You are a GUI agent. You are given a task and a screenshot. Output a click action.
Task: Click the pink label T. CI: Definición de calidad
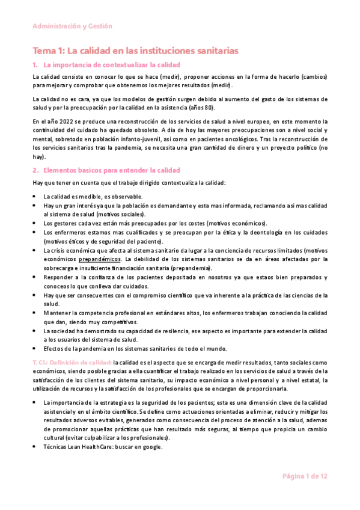tap(72, 362)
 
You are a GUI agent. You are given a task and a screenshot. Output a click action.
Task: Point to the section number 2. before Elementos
tap(35, 170)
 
